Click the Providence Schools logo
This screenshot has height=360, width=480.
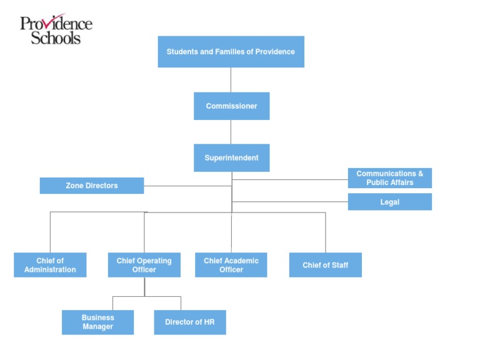tap(56, 29)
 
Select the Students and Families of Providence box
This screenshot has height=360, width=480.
tap(231, 51)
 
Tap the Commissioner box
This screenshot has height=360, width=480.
tap(231, 106)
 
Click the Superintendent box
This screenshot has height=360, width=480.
tap(231, 157)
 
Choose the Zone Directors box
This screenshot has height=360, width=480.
tap(92, 186)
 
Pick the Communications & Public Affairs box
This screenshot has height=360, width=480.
tap(389, 178)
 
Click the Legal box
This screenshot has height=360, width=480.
tap(389, 202)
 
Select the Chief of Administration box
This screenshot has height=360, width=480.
tap(50, 265)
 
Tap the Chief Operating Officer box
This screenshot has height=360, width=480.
tap(144, 265)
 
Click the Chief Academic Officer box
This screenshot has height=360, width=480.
tap(231, 265)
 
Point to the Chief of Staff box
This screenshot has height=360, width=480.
tap(325, 265)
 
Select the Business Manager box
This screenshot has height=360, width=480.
tap(97, 322)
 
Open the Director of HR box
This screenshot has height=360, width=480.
tap(189, 322)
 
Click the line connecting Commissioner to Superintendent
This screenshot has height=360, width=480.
tap(231, 132)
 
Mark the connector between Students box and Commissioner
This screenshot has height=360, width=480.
tap(231, 80)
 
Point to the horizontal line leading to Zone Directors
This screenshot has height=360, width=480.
tap(187, 186)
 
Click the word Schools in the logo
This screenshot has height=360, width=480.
tap(56, 37)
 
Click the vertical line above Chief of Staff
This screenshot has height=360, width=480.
tap(326, 232)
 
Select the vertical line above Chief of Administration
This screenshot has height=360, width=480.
tap(50, 232)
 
